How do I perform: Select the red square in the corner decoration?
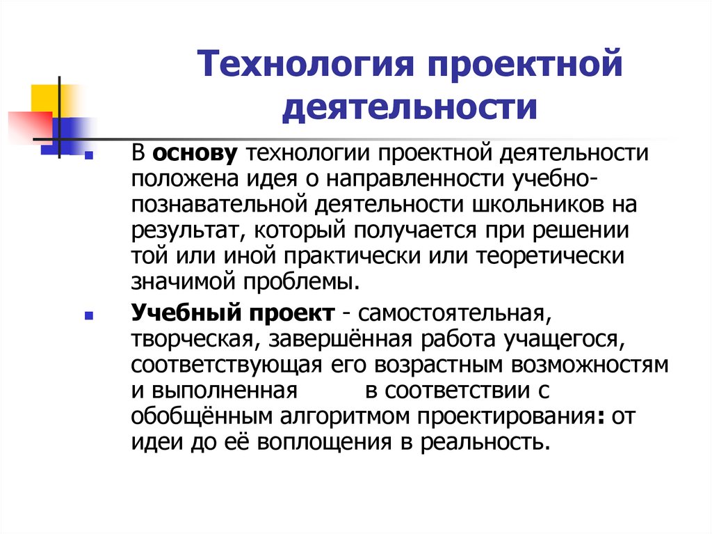26,125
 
